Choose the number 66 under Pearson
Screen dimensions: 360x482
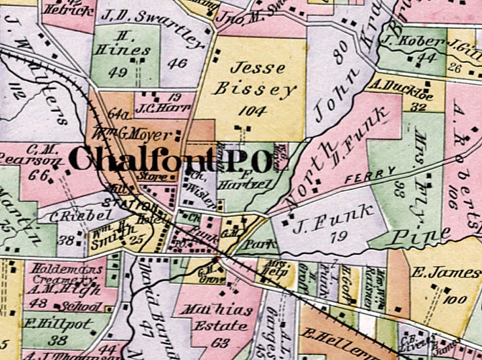click(x=39, y=173)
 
